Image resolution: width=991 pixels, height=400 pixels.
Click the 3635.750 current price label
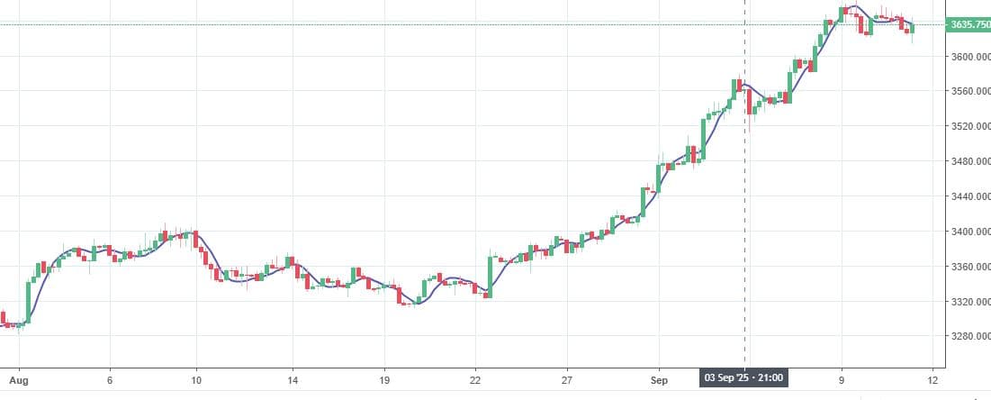click(x=968, y=24)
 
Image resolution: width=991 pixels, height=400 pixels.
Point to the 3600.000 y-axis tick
click(x=969, y=57)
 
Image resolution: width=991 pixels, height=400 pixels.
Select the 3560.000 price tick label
click(x=969, y=92)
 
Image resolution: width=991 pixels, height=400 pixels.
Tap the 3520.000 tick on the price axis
click(x=969, y=126)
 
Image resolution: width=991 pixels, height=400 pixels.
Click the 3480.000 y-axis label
click(x=969, y=161)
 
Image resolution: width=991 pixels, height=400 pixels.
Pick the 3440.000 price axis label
click(x=969, y=196)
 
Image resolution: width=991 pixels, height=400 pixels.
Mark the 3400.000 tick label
click(x=969, y=232)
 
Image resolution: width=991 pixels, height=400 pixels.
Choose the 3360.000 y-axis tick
click(x=969, y=267)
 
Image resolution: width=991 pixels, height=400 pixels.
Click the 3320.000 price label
click(x=969, y=302)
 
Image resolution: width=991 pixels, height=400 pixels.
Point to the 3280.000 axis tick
click(x=969, y=337)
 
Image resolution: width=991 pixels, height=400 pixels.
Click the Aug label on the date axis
click(x=13, y=380)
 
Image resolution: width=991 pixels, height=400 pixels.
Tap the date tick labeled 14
click(x=292, y=380)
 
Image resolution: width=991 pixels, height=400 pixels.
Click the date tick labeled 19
click(x=384, y=380)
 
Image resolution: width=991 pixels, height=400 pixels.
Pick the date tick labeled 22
click(x=475, y=380)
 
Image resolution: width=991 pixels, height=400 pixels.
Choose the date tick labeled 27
click(x=567, y=380)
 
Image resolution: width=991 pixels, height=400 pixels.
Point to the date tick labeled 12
click(x=933, y=380)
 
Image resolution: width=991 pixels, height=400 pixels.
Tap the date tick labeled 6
click(x=109, y=380)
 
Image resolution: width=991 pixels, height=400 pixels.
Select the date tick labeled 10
click(x=196, y=380)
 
